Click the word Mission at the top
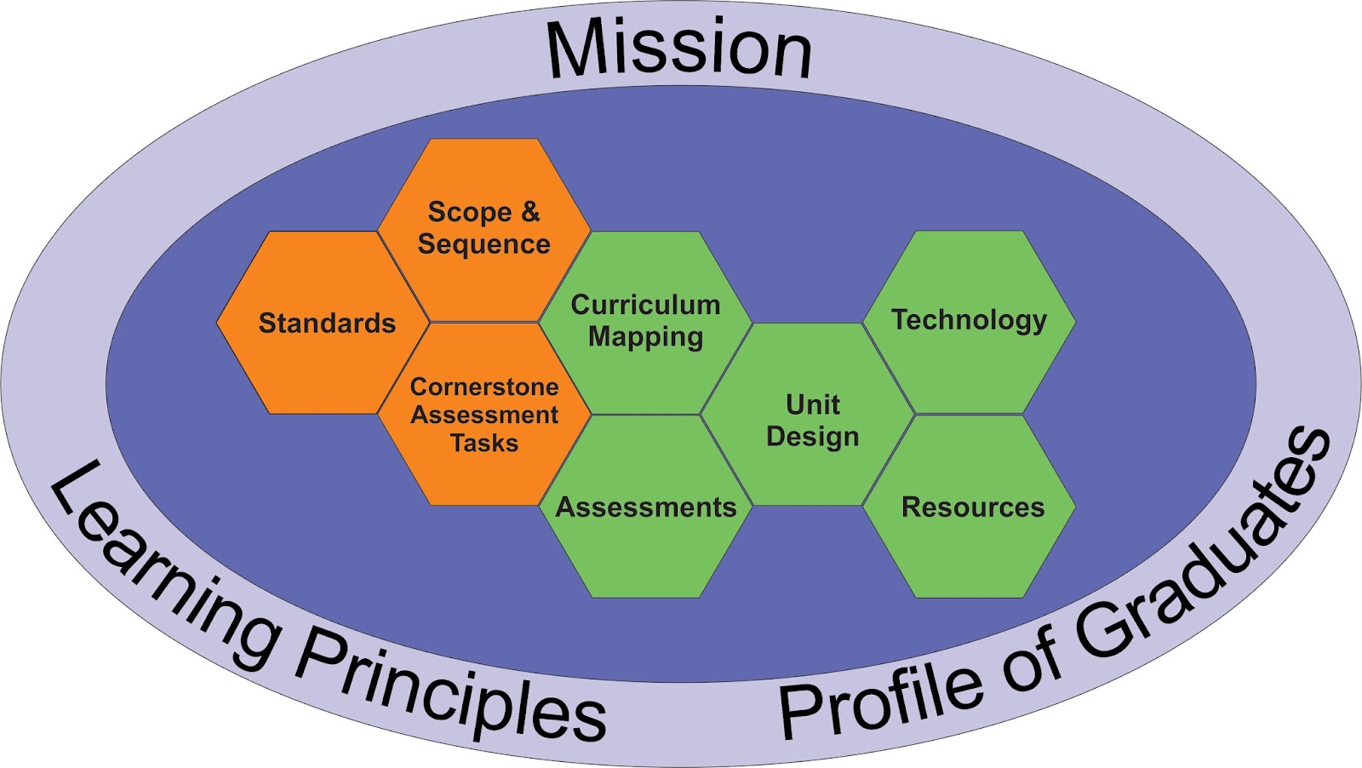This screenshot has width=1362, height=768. pyautogui.click(x=679, y=49)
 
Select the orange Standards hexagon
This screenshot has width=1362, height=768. pyautogui.click(x=323, y=324)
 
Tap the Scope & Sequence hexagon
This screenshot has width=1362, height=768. pyautogui.click(x=484, y=228)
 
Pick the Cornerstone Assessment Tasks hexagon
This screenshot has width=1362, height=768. pyautogui.click(x=484, y=415)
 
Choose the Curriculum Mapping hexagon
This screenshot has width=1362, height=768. pyautogui.click(x=645, y=322)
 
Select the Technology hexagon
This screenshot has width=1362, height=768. pyautogui.click(x=969, y=321)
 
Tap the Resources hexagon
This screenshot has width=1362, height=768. pyautogui.click(x=970, y=507)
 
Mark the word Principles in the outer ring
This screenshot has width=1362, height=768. pyautogui.click(x=451, y=690)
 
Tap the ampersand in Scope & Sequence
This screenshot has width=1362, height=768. pyautogui.click(x=529, y=211)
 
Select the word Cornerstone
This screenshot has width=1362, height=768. pyautogui.click(x=484, y=387)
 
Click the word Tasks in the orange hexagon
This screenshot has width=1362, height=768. pyautogui.click(x=484, y=444)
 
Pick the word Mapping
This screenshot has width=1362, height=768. pyautogui.click(x=645, y=337)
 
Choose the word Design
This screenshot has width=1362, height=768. pyautogui.click(x=812, y=437)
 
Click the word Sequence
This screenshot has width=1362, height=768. pyautogui.click(x=484, y=244)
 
